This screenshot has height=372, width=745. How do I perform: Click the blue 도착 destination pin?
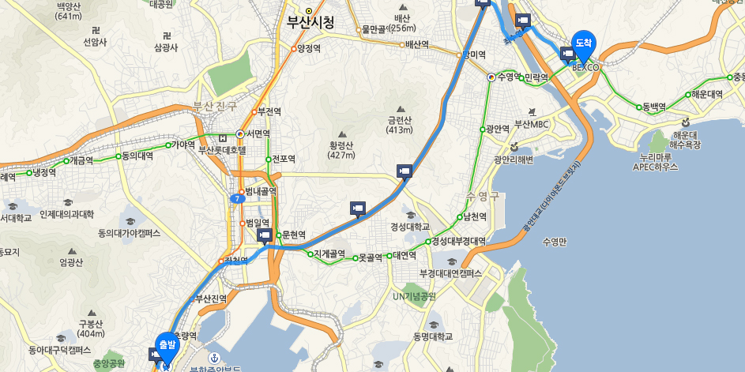[584, 43]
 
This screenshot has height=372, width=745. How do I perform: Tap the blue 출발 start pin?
[167, 346]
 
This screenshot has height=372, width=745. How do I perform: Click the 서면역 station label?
[256, 133]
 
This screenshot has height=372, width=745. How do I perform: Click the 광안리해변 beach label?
[514, 160]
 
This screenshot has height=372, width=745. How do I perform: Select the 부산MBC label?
[531, 124]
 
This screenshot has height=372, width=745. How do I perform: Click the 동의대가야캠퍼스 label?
[129, 233]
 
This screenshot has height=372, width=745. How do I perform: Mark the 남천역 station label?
[476, 216]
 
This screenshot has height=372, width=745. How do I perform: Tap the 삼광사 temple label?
[166, 47]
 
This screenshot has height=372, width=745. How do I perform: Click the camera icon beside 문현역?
[265, 235]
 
